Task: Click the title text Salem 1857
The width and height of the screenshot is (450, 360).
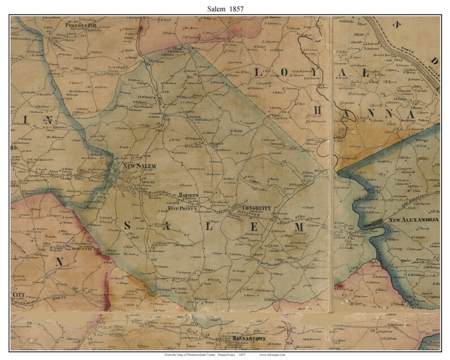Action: (x=224, y=7)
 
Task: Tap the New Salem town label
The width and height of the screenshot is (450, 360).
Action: (x=135, y=166)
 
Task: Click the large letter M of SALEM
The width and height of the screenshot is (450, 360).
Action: (x=296, y=226)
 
